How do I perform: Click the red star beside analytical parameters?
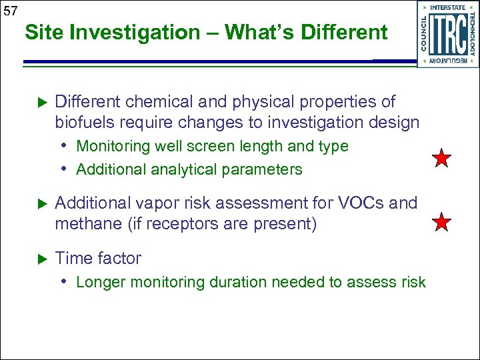[442, 159]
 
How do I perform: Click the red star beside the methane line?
[442, 222]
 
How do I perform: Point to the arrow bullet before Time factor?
[39, 259]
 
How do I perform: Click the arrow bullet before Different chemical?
[39, 102]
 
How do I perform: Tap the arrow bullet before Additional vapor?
[39, 203]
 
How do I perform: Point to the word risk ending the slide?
[413, 282]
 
